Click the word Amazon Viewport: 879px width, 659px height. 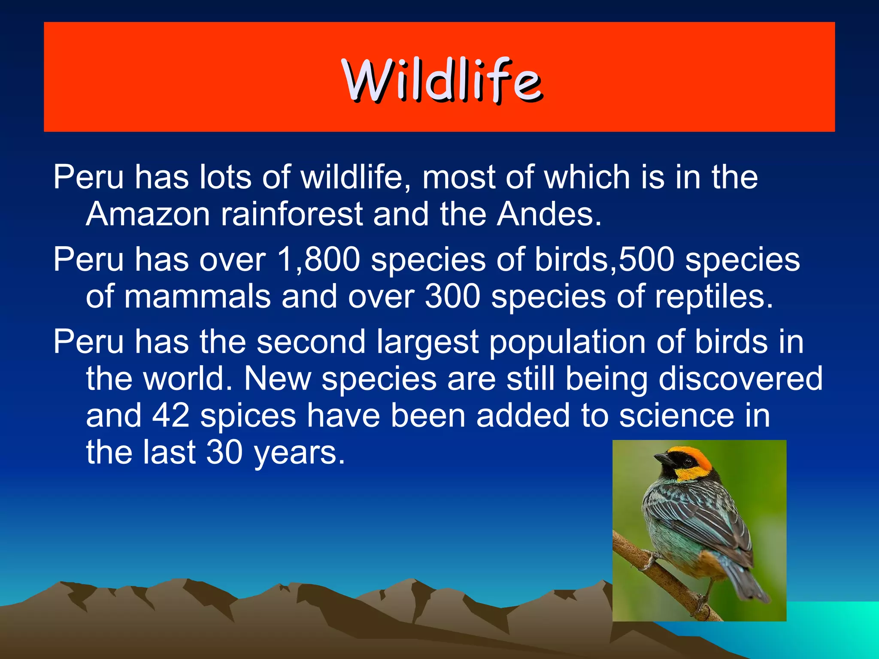click(x=148, y=214)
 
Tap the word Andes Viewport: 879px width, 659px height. click(x=549, y=214)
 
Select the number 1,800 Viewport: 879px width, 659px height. click(x=318, y=260)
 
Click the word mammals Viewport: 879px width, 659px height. click(x=197, y=297)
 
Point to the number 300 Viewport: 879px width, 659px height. click(x=452, y=297)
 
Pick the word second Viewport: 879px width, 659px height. click(x=311, y=342)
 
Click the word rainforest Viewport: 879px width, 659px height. click(x=292, y=214)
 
